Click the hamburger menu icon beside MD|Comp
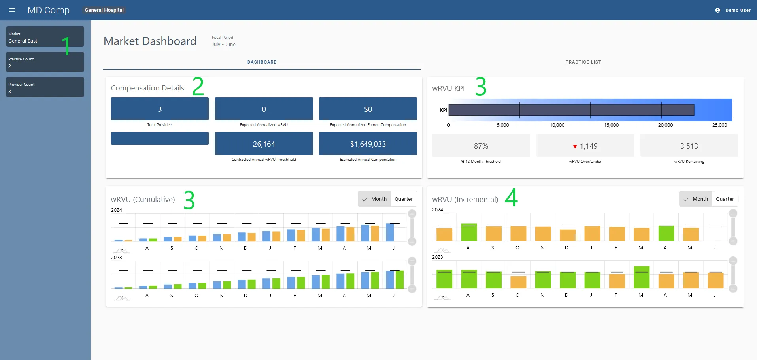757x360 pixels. pyautogui.click(x=12, y=10)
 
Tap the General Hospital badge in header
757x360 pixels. pyautogui.click(x=104, y=10)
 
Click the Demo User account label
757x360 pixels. pyautogui.click(x=737, y=10)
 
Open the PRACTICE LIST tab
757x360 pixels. pyautogui.click(x=583, y=62)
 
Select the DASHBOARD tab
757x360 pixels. pyautogui.click(x=262, y=62)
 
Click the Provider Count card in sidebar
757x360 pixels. pyautogui.click(x=45, y=87)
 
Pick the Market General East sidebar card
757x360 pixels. pyautogui.click(x=45, y=37)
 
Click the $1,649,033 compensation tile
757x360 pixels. pyautogui.click(x=368, y=144)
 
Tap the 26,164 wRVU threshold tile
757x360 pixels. pyautogui.click(x=264, y=144)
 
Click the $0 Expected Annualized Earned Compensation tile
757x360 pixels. pyautogui.click(x=368, y=109)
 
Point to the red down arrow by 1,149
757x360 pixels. pyautogui.click(x=575, y=147)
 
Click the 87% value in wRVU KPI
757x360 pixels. pyautogui.click(x=481, y=146)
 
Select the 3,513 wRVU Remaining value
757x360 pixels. pyautogui.click(x=689, y=146)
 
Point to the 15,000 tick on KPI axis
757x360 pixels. pyautogui.click(x=611, y=125)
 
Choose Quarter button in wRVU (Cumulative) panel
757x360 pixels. pyautogui.click(x=403, y=199)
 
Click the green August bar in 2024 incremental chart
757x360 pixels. pyautogui.click(x=469, y=232)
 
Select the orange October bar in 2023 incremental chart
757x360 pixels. pyautogui.click(x=518, y=282)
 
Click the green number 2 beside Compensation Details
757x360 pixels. pyautogui.click(x=198, y=87)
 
